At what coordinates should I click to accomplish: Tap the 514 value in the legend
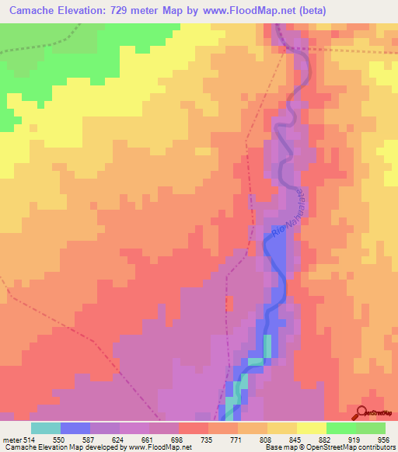coord(28,439)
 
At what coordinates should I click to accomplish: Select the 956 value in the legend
coord(384,439)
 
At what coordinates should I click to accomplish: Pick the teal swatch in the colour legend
coord(46,428)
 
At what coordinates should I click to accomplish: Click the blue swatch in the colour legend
coord(75,428)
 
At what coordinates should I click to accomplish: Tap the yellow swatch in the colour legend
coord(311,428)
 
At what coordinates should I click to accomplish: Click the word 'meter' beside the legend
coord(10,439)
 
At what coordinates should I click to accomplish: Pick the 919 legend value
coord(354,439)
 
